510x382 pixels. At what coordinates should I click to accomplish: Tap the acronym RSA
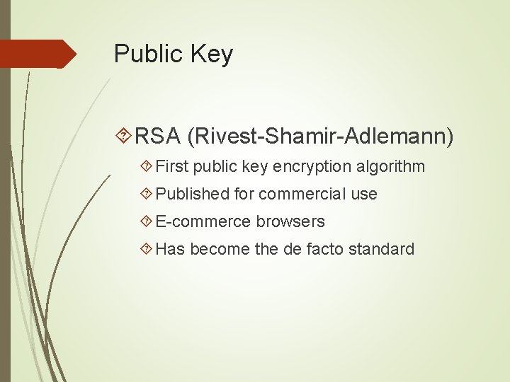[x=157, y=135]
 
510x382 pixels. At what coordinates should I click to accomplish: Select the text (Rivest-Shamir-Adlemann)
[x=320, y=135]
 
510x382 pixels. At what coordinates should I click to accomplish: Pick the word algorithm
[x=391, y=167]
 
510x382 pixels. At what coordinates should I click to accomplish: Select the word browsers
[x=290, y=221]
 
